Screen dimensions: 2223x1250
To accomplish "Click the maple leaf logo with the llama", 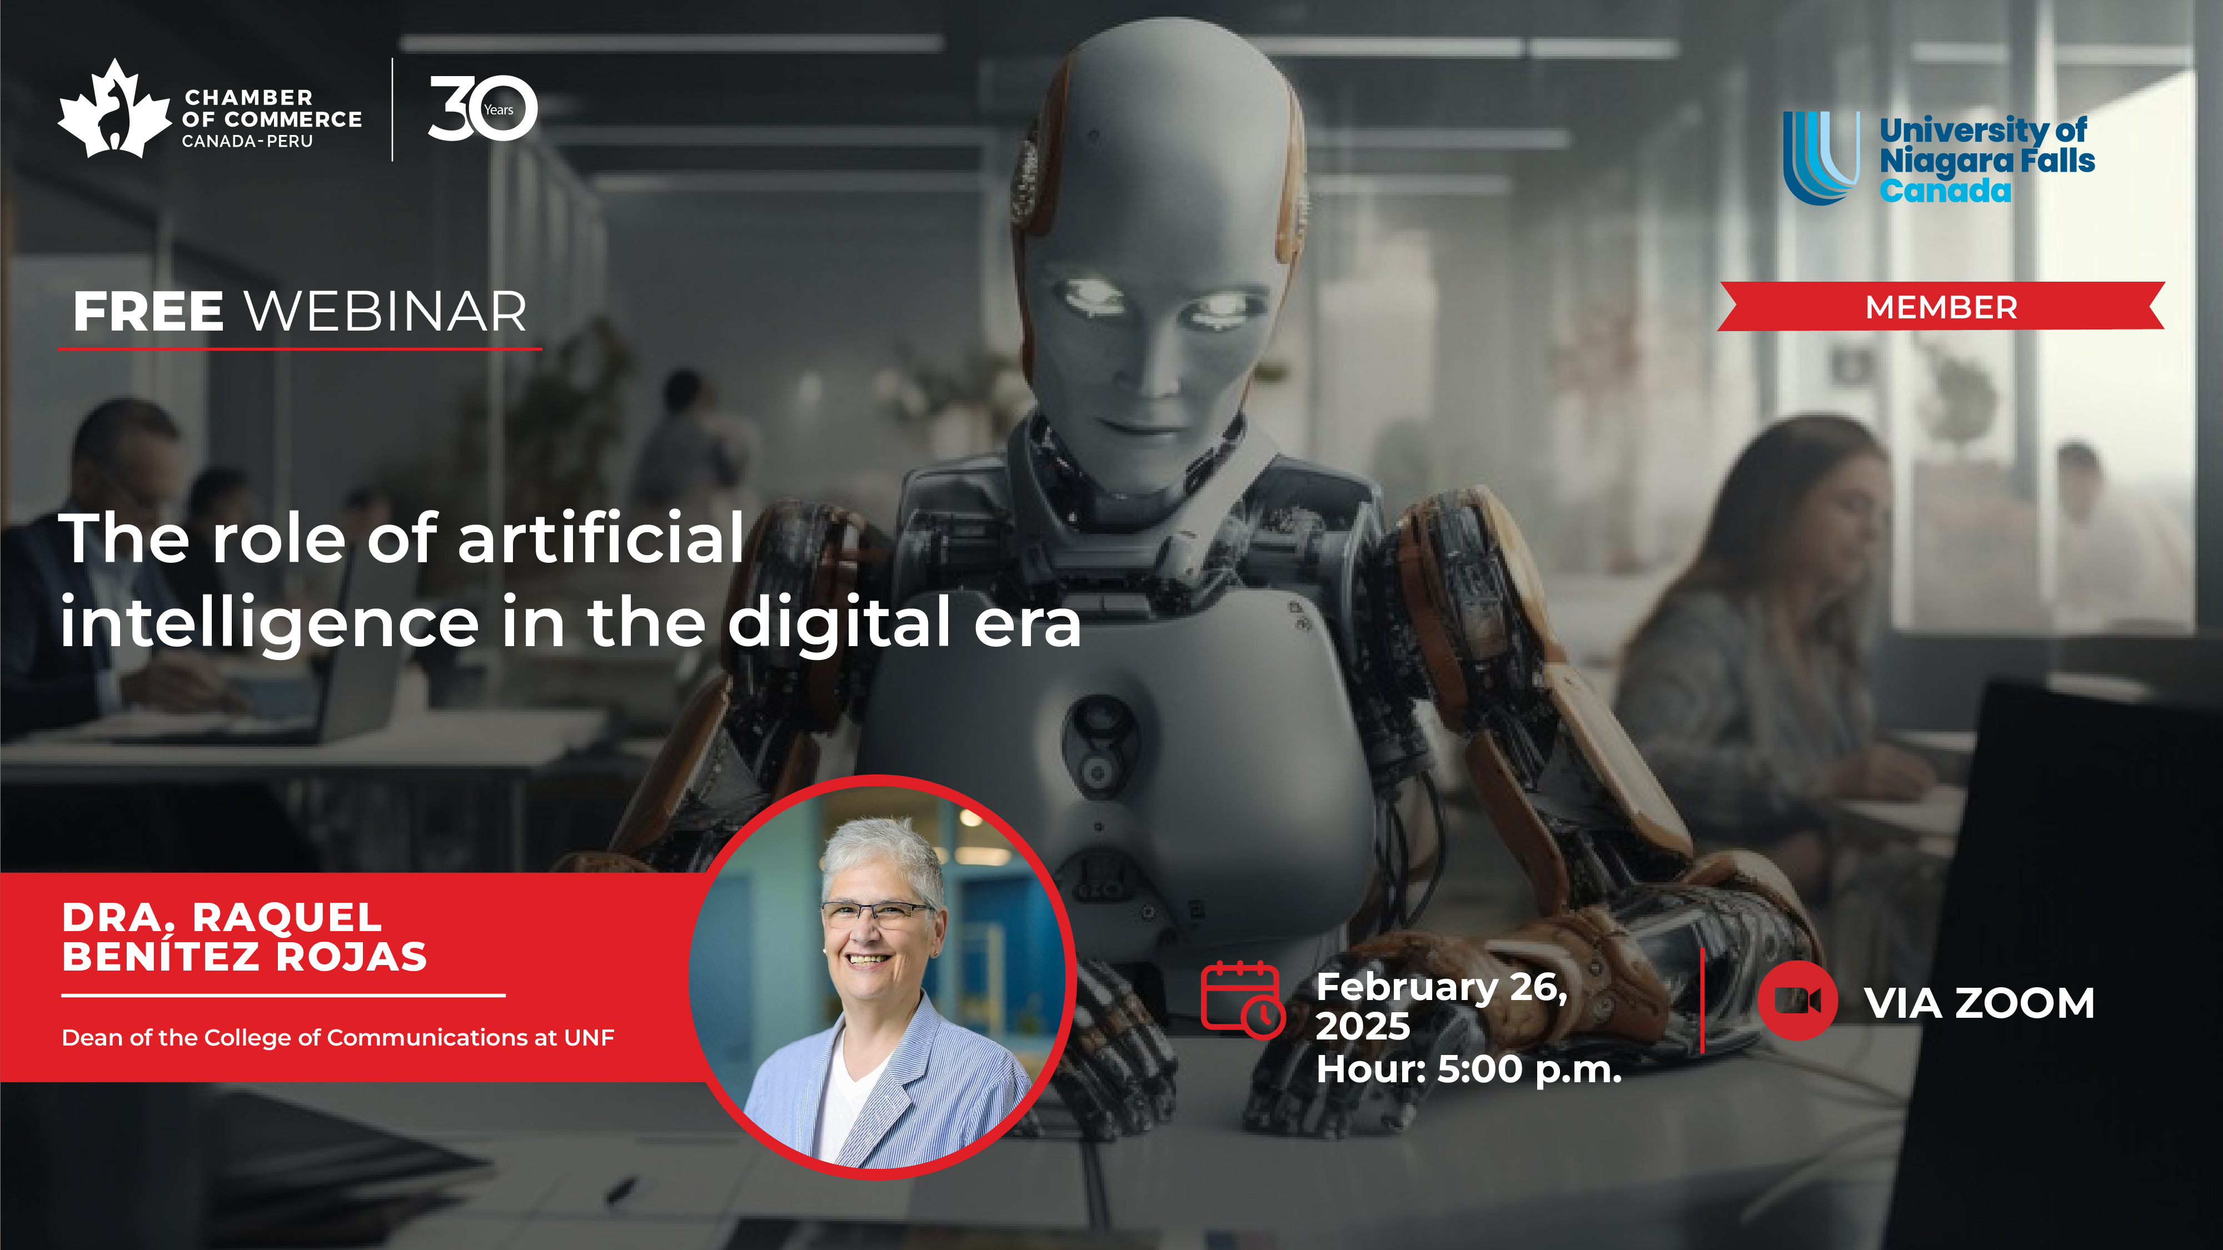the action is [x=114, y=109].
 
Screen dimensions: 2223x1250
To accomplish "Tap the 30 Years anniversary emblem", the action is [x=482, y=109].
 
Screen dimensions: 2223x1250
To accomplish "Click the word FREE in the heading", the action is [x=148, y=312].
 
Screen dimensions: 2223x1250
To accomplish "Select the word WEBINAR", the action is [x=386, y=312].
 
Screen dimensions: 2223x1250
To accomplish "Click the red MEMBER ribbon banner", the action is [x=1941, y=306].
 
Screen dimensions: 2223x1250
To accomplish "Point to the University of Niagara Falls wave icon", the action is [x=1821, y=158].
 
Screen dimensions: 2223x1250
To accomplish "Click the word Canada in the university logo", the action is [x=1945, y=191].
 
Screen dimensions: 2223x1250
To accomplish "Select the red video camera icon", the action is [x=1797, y=1001].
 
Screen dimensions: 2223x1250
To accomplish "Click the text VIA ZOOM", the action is [x=1980, y=1003].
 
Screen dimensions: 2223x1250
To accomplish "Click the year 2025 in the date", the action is [x=1363, y=1026].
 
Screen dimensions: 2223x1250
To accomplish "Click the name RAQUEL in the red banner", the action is [x=287, y=917].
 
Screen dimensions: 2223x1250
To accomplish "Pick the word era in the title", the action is [x=1027, y=626].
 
